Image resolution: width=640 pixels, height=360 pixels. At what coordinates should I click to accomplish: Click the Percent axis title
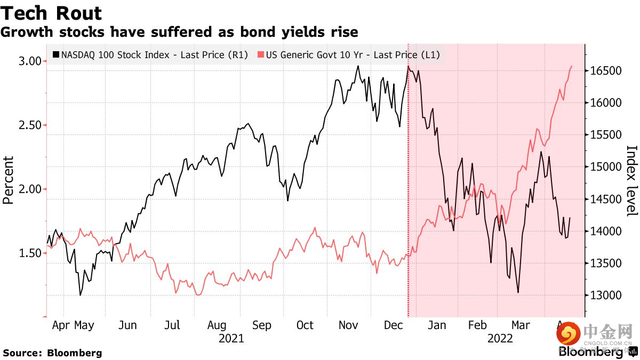click(x=8, y=180)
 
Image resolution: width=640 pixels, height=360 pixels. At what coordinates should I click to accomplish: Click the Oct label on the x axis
click(x=305, y=325)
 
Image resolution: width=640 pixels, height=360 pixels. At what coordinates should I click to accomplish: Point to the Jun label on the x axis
click(x=126, y=325)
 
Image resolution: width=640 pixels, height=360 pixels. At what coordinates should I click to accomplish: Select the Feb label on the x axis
click(x=477, y=325)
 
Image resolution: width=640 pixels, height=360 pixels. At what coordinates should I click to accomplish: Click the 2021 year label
click(x=231, y=339)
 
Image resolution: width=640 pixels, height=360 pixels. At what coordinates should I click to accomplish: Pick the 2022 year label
click(x=500, y=339)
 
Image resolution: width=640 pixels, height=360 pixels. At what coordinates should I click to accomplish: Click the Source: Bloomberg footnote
click(x=52, y=353)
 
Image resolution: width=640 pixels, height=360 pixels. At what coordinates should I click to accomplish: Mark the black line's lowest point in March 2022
click(x=518, y=292)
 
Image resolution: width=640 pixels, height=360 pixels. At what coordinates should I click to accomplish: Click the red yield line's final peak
click(x=571, y=67)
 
